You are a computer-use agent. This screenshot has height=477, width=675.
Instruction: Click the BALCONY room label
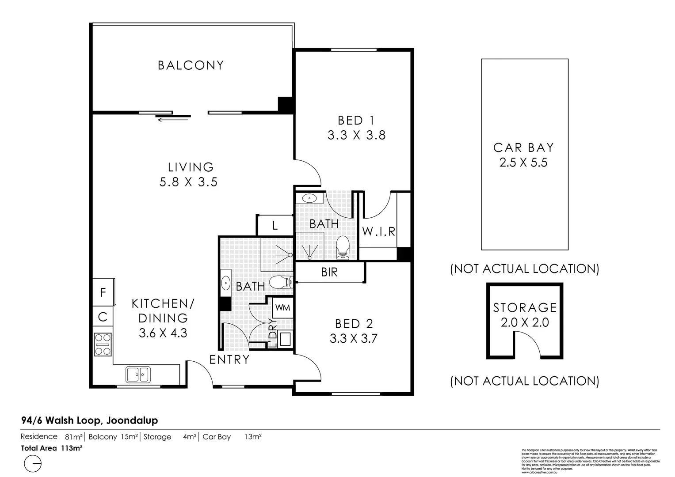pos(191,65)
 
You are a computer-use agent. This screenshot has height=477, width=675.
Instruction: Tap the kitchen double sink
pos(138,375)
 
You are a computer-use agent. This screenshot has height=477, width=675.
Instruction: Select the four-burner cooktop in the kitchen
pos(103,344)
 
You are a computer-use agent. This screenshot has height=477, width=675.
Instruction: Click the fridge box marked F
pos(103,292)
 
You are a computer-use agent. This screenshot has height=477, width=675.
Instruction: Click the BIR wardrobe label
pos(329,272)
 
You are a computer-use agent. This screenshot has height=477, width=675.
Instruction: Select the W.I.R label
pos(378,231)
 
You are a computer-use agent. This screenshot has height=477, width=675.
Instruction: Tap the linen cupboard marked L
pos(275,226)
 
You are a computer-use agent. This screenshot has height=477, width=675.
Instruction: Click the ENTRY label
pos(229,360)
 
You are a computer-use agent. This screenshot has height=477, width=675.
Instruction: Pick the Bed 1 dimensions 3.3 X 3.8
pos(356,135)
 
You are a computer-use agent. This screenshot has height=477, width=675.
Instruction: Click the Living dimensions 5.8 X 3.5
pos(189,182)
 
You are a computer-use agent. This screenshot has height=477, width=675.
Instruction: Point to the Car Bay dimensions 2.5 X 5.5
pos(523,163)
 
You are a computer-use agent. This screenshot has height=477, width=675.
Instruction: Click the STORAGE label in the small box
pos(525,307)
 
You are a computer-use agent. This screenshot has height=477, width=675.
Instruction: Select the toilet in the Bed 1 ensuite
pos(343,247)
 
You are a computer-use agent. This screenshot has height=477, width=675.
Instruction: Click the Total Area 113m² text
pos(52,448)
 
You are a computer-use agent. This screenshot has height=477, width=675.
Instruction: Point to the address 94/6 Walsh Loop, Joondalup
pos(89,420)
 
